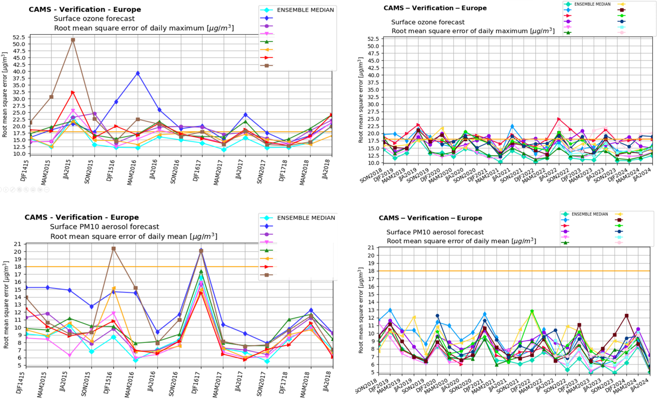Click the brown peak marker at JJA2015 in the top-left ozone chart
(x=73, y=40)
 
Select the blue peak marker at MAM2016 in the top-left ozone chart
(x=138, y=73)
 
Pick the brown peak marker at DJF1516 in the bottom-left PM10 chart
(x=113, y=248)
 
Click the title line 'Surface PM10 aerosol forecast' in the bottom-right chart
(x=435, y=232)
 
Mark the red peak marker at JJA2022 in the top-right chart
(x=559, y=119)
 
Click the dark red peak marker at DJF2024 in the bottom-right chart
(x=627, y=316)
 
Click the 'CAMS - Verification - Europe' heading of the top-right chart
(x=435, y=8)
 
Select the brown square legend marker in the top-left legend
(x=268, y=66)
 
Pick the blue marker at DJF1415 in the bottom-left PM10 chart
(x=26, y=288)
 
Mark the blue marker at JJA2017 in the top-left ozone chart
(x=245, y=115)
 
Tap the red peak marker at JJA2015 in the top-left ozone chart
(x=73, y=92)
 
